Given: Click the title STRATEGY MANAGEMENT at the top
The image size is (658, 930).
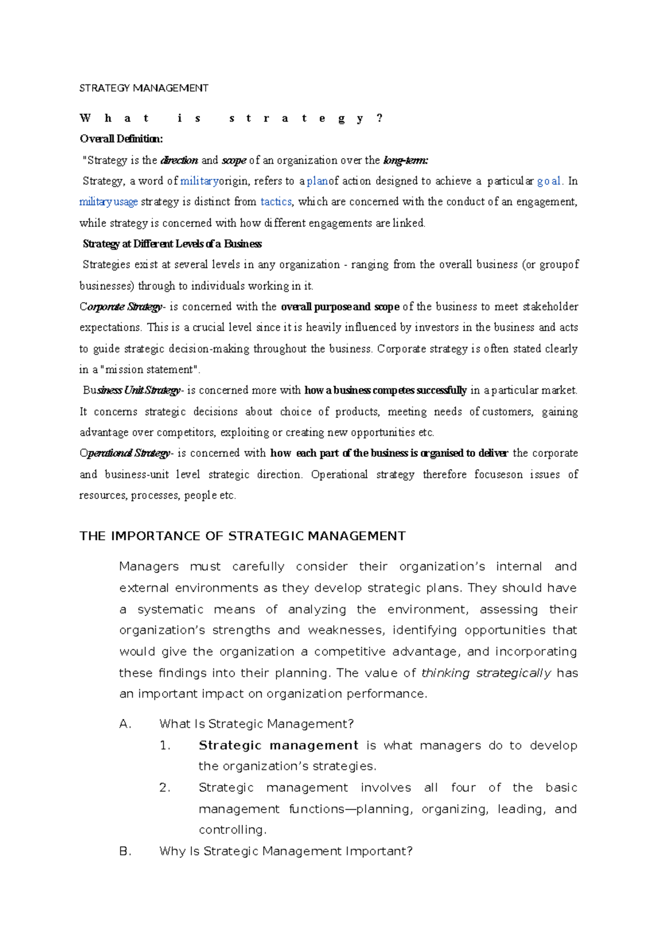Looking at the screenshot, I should pyautogui.click(x=144, y=88).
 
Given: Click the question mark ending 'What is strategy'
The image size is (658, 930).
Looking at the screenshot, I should pyautogui.click(x=380, y=118).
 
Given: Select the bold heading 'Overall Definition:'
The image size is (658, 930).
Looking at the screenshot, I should pyautogui.click(x=121, y=139).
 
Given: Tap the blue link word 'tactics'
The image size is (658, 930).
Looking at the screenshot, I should pyautogui.click(x=276, y=202).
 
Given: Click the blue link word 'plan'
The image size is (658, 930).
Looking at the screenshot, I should pyautogui.click(x=317, y=181).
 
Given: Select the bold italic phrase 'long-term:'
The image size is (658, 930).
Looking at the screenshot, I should pyautogui.click(x=405, y=160).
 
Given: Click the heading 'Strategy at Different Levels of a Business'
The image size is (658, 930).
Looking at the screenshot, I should pyautogui.click(x=172, y=244).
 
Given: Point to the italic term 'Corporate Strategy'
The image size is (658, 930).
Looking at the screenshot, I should pyautogui.click(x=121, y=307).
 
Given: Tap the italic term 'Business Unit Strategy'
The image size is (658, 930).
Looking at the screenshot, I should pyautogui.click(x=132, y=390).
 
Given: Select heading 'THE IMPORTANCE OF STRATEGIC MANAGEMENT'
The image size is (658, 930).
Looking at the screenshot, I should pyautogui.click(x=242, y=536).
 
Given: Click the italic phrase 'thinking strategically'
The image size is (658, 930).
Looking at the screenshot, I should pyautogui.click(x=486, y=673).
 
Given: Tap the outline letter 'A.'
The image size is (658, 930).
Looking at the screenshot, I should pyautogui.click(x=125, y=724).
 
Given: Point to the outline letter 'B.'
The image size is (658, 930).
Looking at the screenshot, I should pyautogui.click(x=125, y=851).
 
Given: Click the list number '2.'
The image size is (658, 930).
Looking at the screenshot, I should pyautogui.click(x=164, y=788).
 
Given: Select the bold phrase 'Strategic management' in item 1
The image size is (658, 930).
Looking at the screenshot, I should pyautogui.click(x=278, y=745).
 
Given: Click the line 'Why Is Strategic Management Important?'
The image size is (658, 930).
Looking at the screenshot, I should pyautogui.click(x=285, y=851).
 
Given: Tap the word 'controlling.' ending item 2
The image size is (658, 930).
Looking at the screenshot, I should pyautogui.click(x=232, y=830).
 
